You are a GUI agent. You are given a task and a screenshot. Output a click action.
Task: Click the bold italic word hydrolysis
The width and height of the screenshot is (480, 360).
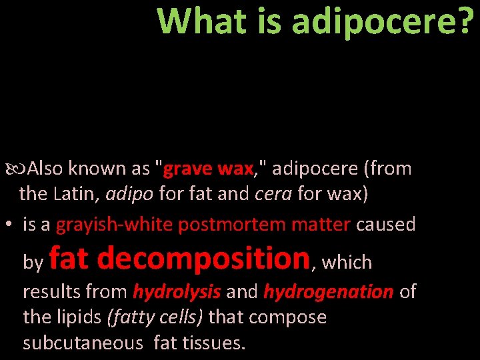[x=177, y=292]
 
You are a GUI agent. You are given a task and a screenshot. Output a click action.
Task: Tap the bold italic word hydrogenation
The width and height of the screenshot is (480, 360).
[x=328, y=292]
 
